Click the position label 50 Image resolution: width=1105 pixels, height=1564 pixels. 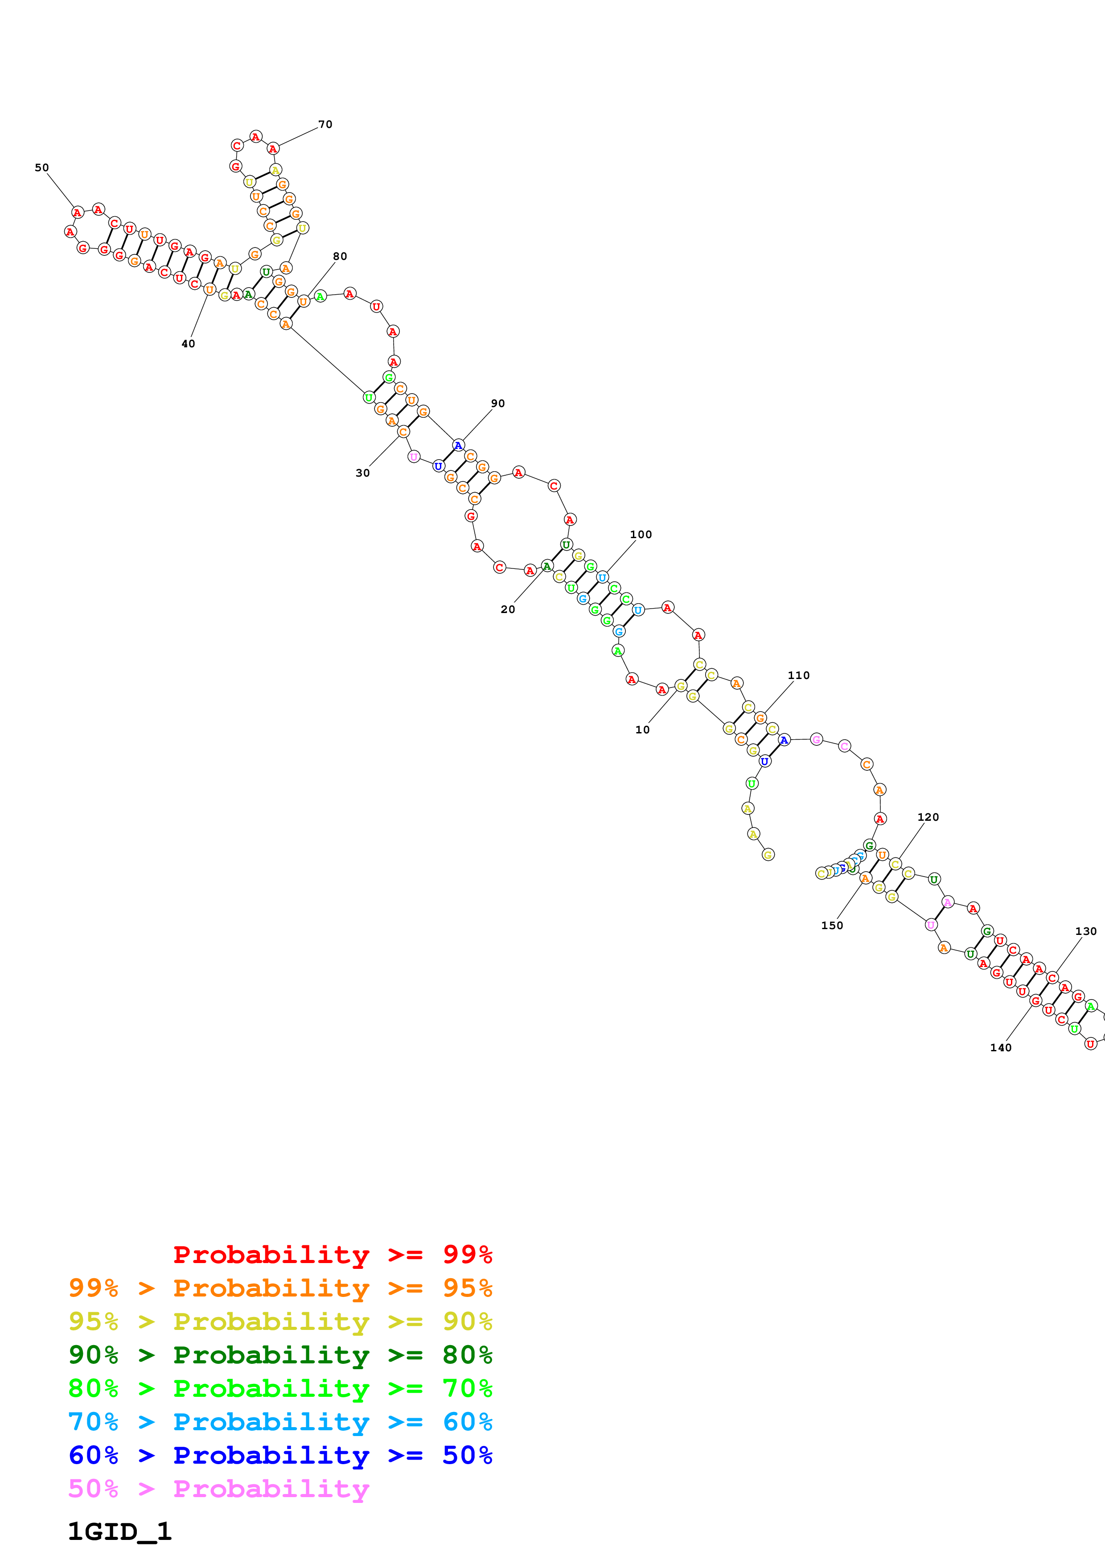click(41, 168)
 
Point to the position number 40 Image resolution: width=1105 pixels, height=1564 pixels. click(188, 344)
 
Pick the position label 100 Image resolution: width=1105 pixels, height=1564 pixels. click(641, 535)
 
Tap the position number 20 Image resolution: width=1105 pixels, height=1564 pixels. click(508, 609)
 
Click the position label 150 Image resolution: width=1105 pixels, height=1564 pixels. click(832, 926)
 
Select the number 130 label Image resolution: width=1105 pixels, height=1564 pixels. click(1086, 931)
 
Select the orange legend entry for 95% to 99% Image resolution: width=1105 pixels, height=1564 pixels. click(280, 1288)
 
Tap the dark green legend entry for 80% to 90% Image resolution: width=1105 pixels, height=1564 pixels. click(280, 1355)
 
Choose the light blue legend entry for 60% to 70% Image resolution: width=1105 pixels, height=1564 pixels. click(280, 1422)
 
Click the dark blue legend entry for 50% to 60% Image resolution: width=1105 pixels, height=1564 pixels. click(280, 1455)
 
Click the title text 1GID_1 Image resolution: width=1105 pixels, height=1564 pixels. click(120, 1531)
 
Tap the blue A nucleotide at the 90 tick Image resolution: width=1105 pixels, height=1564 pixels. click(458, 445)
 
